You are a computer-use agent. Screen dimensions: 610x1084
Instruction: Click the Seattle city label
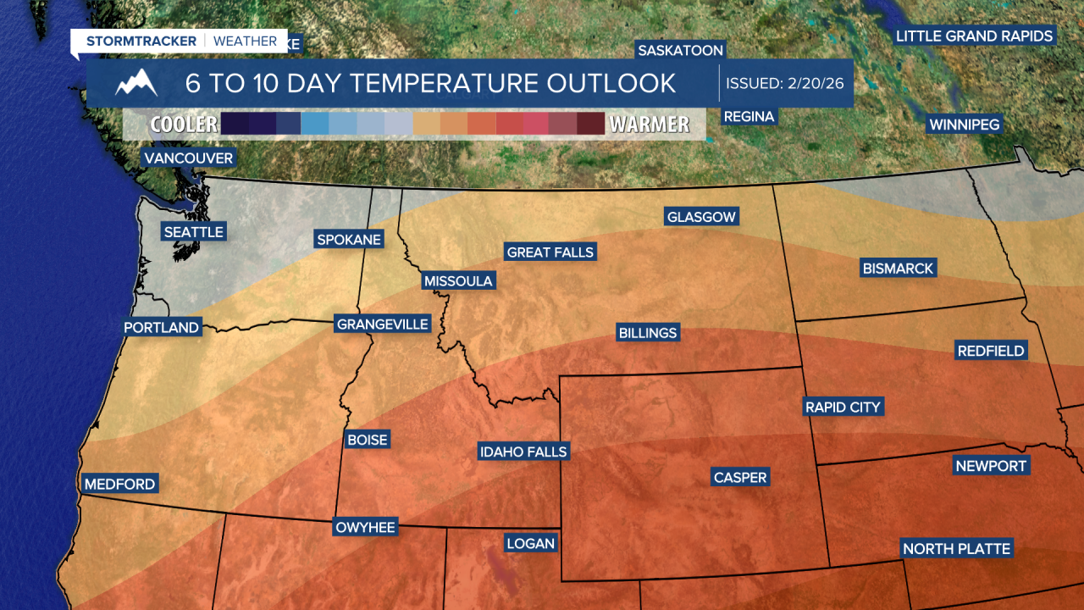(x=193, y=232)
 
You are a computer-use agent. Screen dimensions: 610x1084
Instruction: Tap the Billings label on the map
(x=648, y=333)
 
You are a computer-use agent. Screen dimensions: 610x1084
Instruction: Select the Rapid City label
(x=843, y=408)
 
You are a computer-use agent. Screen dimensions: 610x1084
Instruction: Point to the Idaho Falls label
(x=523, y=452)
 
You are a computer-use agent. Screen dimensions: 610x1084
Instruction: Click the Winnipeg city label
(x=965, y=125)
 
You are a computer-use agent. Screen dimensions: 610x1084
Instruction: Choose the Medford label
(x=119, y=485)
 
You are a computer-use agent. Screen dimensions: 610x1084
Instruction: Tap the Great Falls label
(x=550, y=252)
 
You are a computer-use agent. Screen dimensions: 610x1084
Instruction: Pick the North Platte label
(x=956, y=549)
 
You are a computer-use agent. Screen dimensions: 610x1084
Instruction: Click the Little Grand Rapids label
(x=975, y=36)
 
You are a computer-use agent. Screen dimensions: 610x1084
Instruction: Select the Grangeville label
(x=383, y=324)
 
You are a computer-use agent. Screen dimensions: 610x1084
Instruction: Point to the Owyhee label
(x=365, y=527)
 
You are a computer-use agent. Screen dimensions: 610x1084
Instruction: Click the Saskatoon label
(x=680, y=51)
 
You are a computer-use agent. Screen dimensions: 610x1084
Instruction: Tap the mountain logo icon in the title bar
(x=136, y=83)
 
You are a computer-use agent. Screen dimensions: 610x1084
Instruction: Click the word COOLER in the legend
(x=184, y=125)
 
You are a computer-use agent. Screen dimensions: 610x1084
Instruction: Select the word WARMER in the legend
(x=650, y=125)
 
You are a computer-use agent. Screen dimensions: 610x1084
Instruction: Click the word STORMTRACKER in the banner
(x=141, y=41)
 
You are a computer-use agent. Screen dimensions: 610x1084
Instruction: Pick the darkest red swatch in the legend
(x=590, y=125)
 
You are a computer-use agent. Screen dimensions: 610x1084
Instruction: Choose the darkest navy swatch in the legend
(x=234, y=125)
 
